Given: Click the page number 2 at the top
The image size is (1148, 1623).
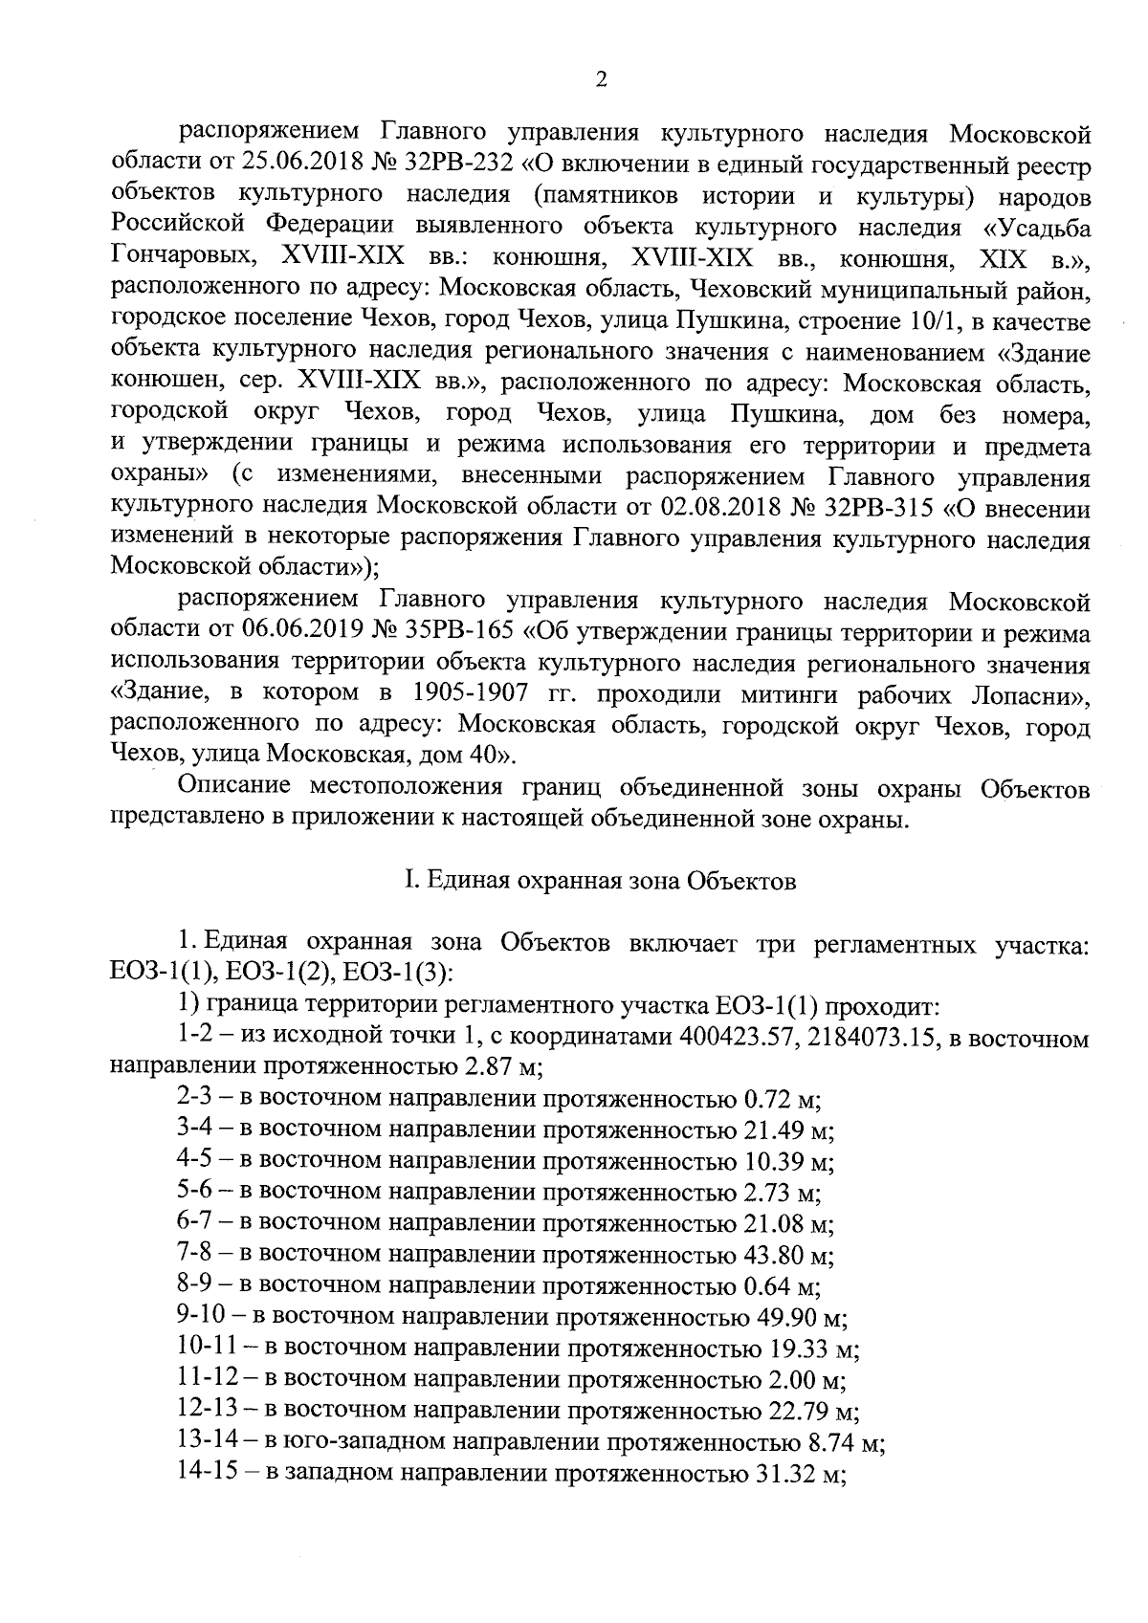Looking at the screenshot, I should pos(601,80).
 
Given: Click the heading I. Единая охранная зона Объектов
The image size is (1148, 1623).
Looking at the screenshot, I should pos(600,881).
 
